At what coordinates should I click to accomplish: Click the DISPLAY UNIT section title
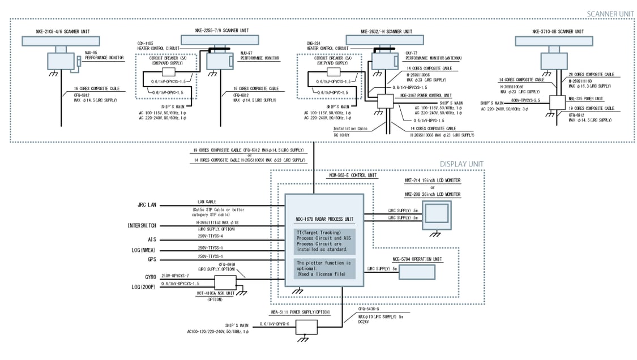tap(461, 164)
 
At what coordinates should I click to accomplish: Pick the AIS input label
tap(151, 239)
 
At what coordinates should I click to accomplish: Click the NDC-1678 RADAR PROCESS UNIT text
tap(324, 218)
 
